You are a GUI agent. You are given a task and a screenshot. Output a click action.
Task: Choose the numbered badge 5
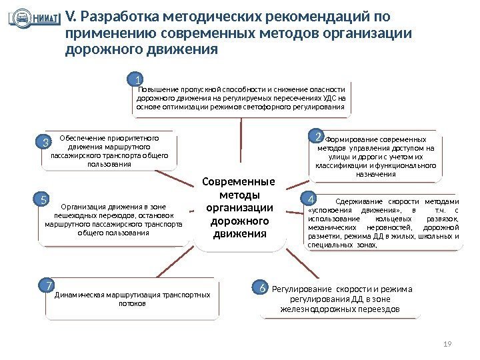coord(42,199)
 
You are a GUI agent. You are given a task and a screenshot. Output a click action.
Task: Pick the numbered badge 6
coord(263,288)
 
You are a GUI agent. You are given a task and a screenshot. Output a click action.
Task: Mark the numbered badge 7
coord(47,286)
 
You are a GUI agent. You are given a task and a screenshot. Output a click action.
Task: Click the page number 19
coord(447,344)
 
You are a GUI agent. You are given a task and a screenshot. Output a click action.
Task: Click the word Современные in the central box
coord(239,183)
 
